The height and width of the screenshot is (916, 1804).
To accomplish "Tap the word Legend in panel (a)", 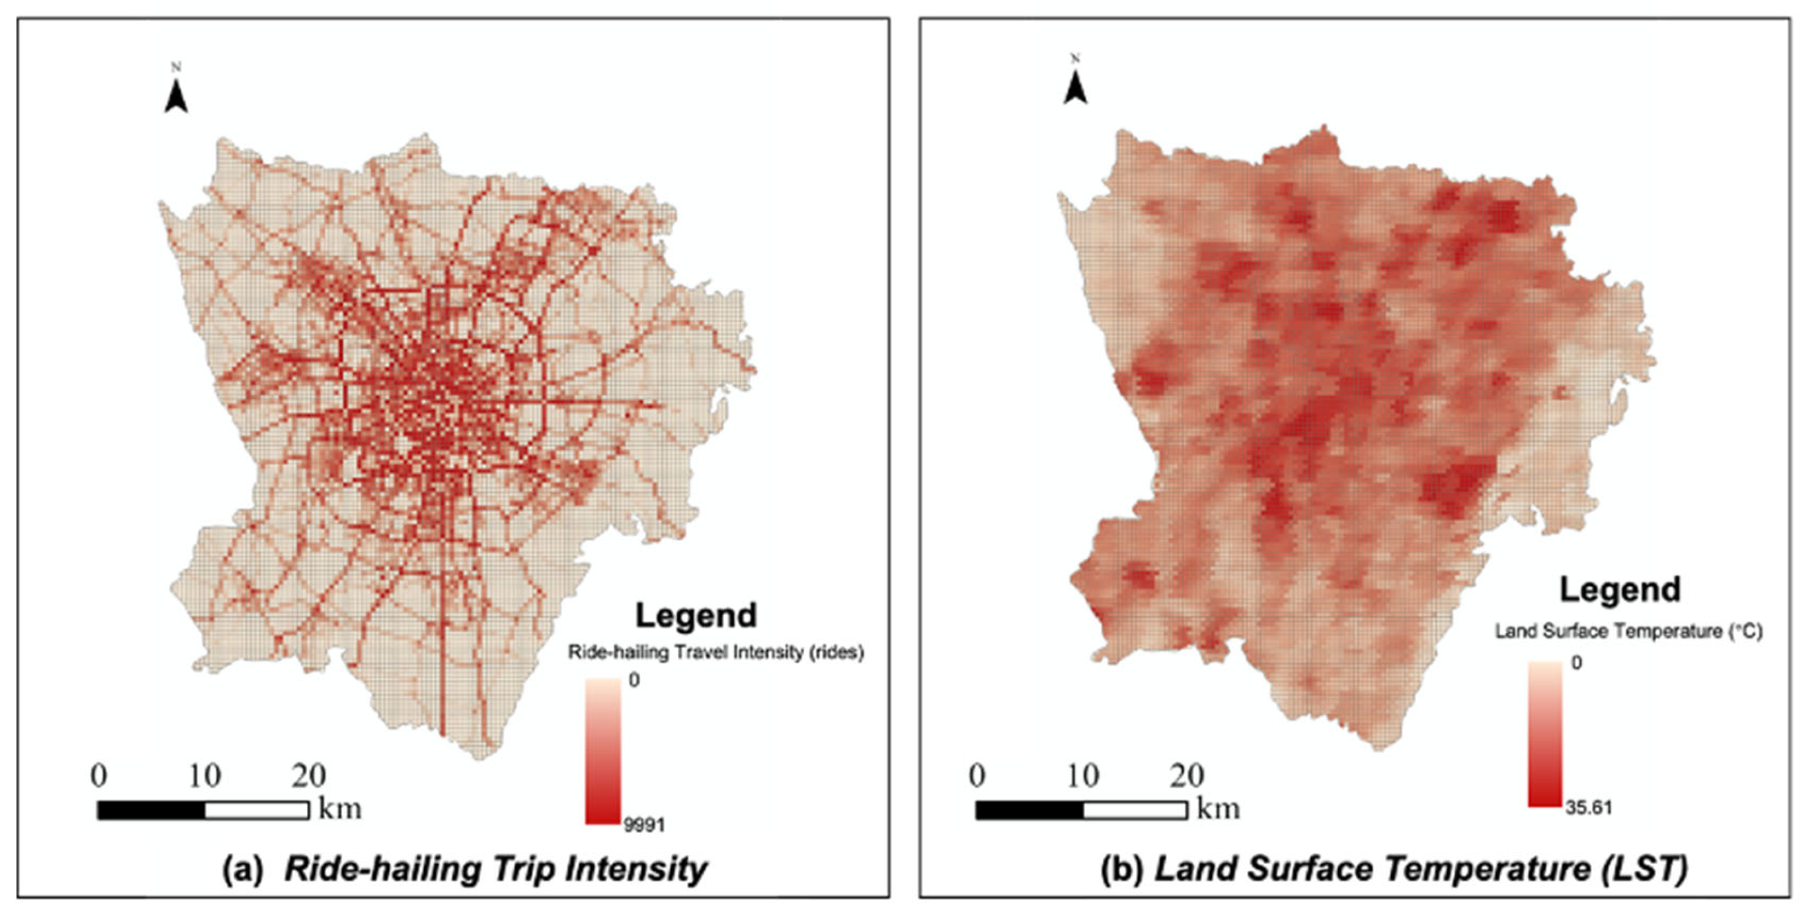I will [x=695, y=615].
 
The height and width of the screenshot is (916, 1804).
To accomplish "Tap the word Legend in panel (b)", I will [x=1619, y=590].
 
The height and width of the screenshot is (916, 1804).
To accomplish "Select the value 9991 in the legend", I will [x=644, y=825].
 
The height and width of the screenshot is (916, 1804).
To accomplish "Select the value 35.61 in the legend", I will [x=1588, y=808].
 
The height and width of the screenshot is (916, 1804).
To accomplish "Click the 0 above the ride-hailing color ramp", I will [x=634, y=680].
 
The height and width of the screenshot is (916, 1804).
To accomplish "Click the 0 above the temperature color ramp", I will [x=1575, y=662].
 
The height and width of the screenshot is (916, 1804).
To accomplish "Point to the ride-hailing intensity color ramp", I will [x=603, y=751].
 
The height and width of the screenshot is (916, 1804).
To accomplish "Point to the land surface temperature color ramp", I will [x=1544, y=733].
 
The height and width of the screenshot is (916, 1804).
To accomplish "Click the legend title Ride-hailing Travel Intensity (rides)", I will [x=716, y=652].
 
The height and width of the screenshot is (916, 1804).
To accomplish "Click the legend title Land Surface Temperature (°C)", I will [x=1628, y=631].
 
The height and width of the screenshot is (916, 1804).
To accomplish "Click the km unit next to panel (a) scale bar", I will [x=340, y=809].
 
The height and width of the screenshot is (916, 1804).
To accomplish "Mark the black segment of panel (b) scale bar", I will [x=1029, y=811].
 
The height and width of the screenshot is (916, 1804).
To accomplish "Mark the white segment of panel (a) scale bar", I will [x=257, y=811].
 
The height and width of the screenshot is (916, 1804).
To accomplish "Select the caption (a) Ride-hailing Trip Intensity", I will [x=464, y=869].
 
